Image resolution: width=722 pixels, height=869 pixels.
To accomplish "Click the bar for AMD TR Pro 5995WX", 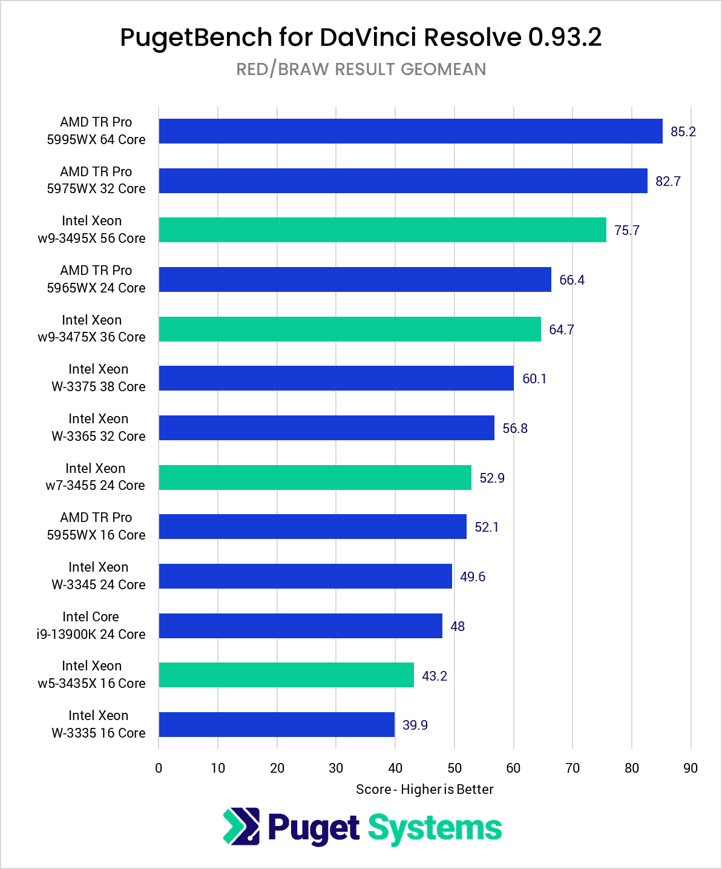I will point(410,131).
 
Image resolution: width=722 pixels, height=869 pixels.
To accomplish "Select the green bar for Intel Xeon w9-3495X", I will point(382,230).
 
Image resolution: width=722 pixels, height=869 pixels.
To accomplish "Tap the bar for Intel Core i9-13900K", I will point(300,626).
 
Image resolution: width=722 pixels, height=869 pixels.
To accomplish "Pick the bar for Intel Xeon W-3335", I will point(277,724).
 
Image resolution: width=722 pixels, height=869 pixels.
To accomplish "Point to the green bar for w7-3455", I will point(315,477).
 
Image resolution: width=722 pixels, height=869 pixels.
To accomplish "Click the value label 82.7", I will point(668,181).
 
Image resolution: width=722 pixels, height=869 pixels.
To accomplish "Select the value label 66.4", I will point(571,280).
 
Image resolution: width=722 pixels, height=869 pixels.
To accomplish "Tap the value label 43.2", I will point(434,676).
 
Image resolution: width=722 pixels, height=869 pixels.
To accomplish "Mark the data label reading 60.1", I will point(534,379).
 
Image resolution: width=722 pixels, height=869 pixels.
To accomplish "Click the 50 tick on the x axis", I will point(454,768).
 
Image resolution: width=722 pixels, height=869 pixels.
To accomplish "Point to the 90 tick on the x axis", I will point(690,768).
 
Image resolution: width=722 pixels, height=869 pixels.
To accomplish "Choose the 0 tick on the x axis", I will point(159,768).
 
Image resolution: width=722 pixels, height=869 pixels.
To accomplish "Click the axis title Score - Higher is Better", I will point(424,789).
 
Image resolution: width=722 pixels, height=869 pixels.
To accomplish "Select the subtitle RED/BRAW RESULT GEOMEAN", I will point(361,69).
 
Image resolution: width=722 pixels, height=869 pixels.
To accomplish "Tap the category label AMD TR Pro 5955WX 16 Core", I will point(96,526).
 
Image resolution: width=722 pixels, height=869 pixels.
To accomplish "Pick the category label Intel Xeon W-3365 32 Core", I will point(98,428).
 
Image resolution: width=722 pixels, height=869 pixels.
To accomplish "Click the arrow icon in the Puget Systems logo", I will point(241,827).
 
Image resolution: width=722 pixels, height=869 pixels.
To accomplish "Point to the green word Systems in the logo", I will point(435,828).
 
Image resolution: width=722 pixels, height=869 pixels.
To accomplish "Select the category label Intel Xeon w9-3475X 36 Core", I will point(91,329).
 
